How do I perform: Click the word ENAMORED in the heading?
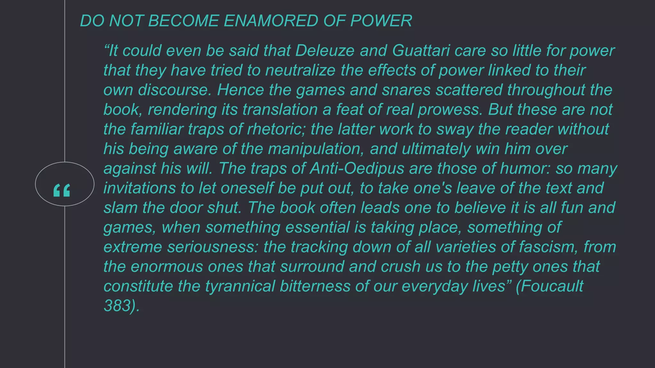coord(271,21)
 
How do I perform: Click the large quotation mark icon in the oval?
coord(62,190)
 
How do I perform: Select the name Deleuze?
coord(325,51)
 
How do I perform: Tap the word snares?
coord(406,90)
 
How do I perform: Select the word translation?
coord(280,110)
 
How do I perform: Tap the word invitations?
coord(139,188)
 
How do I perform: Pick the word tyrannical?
coord(240,286)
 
